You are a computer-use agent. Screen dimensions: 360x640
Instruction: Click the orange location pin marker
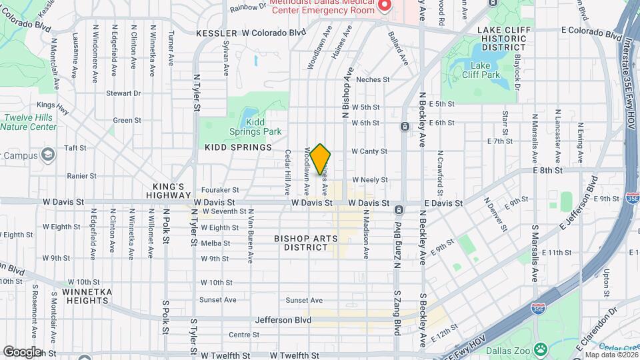click(321, 159)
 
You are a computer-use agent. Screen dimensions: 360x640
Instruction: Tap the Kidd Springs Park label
click(263, 127)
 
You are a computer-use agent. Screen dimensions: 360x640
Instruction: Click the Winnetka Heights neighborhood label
click(83, 296)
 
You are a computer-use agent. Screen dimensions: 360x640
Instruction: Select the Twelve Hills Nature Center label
click(29, 122)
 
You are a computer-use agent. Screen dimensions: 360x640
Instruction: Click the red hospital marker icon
click(385, 6)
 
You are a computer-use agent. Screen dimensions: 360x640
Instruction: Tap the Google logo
click(22, 351)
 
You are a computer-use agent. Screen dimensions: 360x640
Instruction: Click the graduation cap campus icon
click(47, 155)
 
